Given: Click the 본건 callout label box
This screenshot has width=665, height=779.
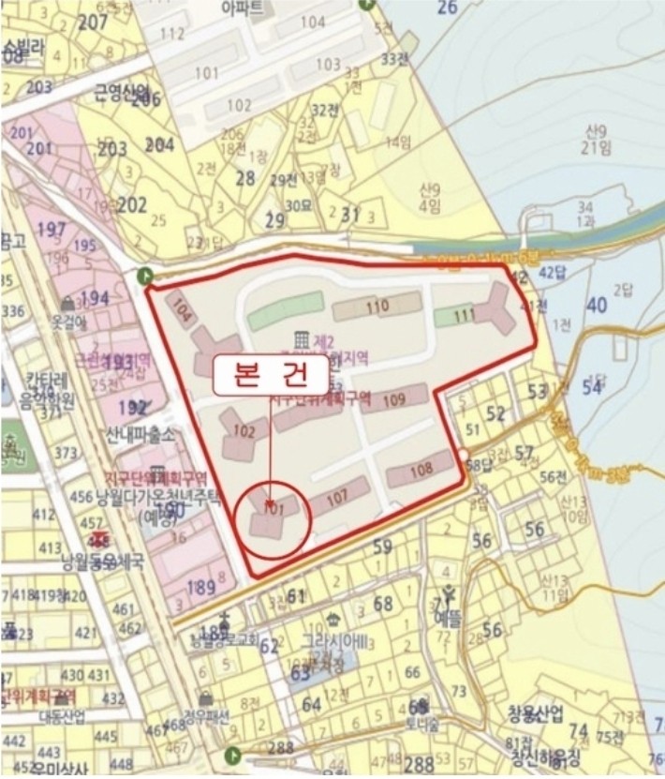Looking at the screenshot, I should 272,375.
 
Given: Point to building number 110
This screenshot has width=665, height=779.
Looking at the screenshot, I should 377,307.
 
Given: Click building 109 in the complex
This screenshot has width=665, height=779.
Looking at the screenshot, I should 393,401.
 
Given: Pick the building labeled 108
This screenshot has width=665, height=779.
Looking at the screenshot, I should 421,469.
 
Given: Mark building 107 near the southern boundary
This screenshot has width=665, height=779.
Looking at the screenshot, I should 337,500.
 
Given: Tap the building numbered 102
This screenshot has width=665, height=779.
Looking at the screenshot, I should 244,432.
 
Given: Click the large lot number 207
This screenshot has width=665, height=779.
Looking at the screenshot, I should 94,23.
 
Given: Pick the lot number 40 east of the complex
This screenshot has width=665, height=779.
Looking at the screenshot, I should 596,305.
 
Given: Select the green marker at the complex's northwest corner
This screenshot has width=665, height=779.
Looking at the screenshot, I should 143,276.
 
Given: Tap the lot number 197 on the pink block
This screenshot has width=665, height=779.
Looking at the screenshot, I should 52,229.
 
